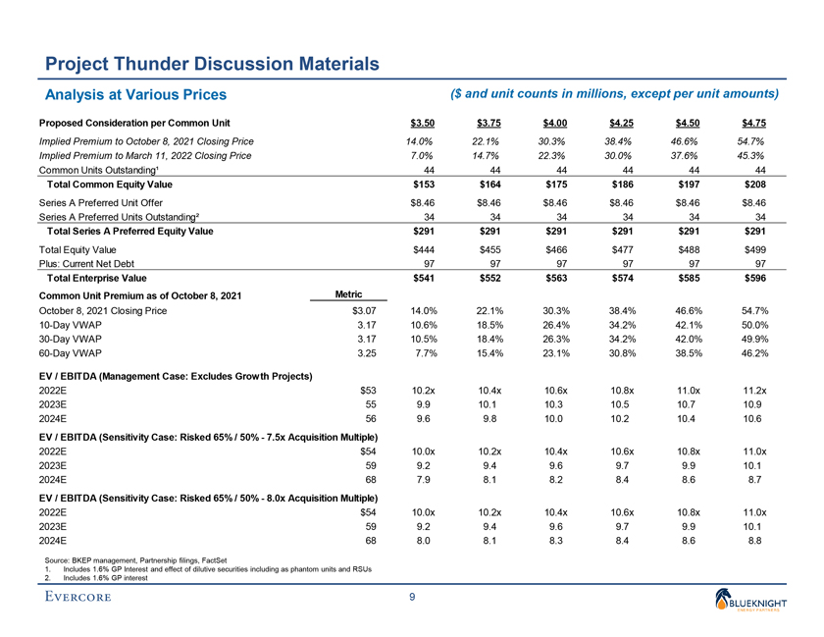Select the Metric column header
point(350,293)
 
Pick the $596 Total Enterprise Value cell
point(753,278)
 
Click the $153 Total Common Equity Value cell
point(422,185)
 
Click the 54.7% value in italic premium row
point(751,141)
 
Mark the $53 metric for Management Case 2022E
point(369,391)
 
